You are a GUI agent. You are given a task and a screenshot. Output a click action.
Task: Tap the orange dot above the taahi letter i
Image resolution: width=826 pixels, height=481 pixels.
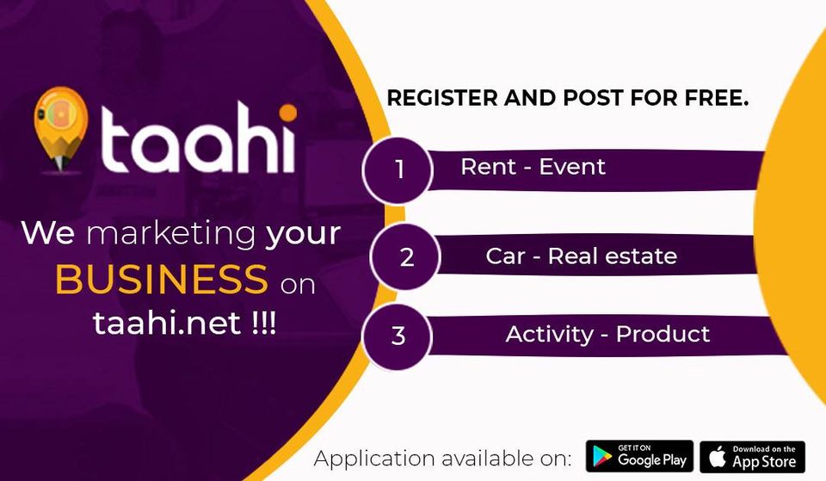[287, 112]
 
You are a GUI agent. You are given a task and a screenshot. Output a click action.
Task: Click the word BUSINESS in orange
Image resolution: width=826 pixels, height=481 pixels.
[161, 279]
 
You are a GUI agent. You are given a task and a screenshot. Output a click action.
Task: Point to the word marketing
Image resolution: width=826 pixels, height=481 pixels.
[171, 234]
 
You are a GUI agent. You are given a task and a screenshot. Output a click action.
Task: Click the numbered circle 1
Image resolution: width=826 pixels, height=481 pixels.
[398, 170]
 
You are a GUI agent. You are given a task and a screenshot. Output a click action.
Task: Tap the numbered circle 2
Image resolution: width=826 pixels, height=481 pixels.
[405, 256]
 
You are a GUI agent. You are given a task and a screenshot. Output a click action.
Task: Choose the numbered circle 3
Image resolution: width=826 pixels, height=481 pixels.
[398, 336]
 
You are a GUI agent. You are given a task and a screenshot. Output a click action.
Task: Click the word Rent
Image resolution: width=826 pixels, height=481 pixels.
[489, 167]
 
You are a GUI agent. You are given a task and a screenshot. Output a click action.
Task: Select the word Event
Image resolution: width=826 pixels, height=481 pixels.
[572, 167]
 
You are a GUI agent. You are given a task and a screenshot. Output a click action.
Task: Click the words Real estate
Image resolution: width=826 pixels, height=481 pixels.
[612, 256]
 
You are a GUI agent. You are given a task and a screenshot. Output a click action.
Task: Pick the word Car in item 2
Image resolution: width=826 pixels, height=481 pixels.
[505, 256]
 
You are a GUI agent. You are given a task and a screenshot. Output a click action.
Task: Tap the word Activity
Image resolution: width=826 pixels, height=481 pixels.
[550, 335]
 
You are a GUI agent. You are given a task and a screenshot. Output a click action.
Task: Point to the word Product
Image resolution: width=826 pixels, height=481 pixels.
[663, 334]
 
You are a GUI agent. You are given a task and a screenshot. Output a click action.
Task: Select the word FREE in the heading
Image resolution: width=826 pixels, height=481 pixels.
[717, 98]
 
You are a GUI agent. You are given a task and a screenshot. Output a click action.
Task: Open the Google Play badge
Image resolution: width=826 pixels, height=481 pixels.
[639, 456]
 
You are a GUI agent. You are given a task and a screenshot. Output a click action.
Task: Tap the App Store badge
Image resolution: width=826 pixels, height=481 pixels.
[752, 457]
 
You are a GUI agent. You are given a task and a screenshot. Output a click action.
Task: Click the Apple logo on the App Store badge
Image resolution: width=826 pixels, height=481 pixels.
[717, 456]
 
